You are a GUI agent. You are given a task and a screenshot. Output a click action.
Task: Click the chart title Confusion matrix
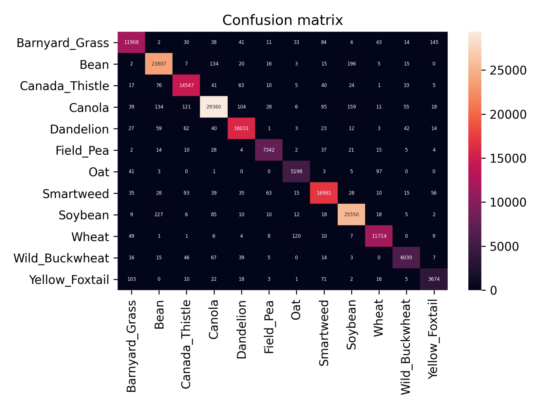[282, 20]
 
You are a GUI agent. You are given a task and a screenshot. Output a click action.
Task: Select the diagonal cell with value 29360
[214, 107]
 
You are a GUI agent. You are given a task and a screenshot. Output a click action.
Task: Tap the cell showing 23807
[159, 64]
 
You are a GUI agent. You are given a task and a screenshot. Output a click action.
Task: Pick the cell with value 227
[159, 215]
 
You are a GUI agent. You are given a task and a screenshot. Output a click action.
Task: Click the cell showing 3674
[434, 279]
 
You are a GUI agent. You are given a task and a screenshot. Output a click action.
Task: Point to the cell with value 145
[434, 42]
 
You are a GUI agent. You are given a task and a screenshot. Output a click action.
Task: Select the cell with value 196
[352, 64]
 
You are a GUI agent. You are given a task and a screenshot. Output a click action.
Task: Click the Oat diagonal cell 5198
[296, 171]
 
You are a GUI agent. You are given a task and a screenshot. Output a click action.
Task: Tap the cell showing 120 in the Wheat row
[296, 236]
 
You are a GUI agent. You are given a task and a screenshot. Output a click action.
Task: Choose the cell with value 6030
[406, 257]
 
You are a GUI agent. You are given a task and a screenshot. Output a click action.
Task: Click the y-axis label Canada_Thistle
[64, 86]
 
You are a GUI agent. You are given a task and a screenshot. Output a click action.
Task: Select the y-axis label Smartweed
[76, 194]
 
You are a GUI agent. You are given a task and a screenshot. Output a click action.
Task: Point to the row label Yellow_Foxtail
[69, 280]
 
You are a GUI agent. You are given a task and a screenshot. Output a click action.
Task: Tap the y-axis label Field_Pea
[82, 150]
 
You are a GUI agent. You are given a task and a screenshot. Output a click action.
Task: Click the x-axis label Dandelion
[241, 329]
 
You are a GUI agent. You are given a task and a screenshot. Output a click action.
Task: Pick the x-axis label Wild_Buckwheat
[406, 347]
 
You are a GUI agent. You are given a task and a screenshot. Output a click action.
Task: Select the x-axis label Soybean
[351, 325]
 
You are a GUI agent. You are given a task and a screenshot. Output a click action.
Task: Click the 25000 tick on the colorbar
[508, 70]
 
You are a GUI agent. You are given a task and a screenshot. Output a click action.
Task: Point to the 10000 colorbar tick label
[508, 203]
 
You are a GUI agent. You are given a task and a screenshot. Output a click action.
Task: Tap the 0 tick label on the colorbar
[493, 290]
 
